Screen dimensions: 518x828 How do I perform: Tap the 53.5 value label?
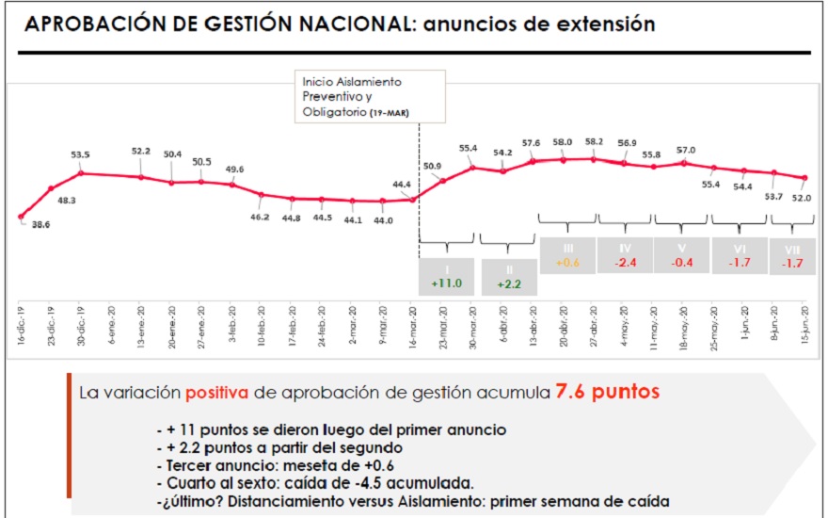(80, 154)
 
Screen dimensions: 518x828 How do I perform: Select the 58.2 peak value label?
(595, 141)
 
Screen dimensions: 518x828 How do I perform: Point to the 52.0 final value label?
(801, 198)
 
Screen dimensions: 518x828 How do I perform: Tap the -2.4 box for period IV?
(625, 254)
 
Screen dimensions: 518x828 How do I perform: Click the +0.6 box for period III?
(566, 254)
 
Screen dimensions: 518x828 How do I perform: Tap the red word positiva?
(218, 391)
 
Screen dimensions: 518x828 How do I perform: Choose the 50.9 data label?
(433, 167)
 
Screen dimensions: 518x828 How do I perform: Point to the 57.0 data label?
(685, 150)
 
